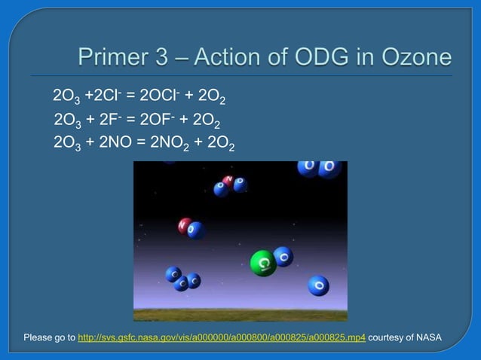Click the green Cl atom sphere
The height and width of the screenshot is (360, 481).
coord(262,263)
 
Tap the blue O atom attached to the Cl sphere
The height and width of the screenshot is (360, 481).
coord(283,256)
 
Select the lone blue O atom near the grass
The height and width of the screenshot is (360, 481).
coord(318,285)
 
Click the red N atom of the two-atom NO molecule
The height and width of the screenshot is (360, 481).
coord(185,225)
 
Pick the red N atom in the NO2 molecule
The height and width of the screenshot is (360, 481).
coord(228,181)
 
